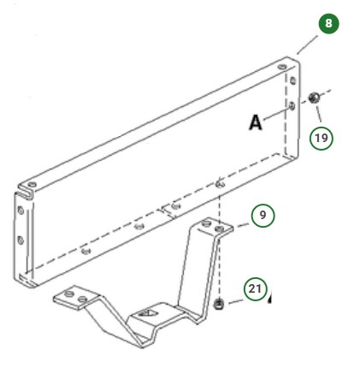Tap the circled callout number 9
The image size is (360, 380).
coord(263,215)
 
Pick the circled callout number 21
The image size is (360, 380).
coord(254,290)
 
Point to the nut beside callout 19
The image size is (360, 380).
coord(315,98)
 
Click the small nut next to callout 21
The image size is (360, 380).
coord(219,306)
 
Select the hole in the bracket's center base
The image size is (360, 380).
coord(145,314)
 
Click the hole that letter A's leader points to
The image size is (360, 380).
coord(293,105)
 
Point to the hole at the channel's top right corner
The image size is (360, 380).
coord(284,62)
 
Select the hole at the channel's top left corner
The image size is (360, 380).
coord(30,185)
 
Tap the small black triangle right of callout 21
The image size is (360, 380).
coord(271,300)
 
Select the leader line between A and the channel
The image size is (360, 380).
coord(276,114)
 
